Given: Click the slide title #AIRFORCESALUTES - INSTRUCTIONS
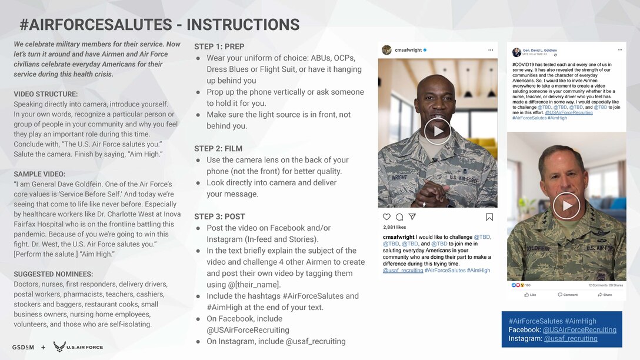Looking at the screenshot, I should (x=159, y=24).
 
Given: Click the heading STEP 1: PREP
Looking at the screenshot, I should (x=219, y=46).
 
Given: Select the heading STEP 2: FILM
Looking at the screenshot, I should (x=218, y=149).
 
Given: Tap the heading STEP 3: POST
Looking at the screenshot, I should (x=219, y=216).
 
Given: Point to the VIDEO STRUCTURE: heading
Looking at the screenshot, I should (x=45, y=94).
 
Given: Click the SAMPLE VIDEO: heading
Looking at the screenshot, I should (x=39, y=174).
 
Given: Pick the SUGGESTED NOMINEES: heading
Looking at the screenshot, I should (x=53, y=274).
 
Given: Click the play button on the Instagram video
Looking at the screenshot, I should (x=437, y=131).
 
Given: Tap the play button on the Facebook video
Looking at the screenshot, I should (x=566, y=206).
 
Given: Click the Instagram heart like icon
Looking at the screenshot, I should (x=386, y=217).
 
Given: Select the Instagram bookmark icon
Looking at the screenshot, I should (x=489, y=217).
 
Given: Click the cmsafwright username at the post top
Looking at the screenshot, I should (x=408, y=50).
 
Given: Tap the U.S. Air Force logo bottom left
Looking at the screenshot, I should (x=78, y=347).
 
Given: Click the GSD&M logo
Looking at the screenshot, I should (x=23, y=347).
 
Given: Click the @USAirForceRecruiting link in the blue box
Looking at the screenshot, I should (x=579, y=330).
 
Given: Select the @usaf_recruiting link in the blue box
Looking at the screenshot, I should (x=571, y=339).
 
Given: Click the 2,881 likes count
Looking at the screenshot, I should (x=394, y=227).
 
